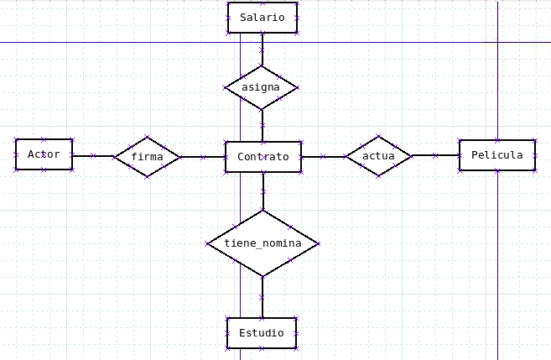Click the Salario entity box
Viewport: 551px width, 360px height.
pyautogui.click(x=262, y=18)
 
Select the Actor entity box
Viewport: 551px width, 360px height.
pyautogui.click(x=44, y=154)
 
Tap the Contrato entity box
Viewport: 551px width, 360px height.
pyautogui.click(x=263, y=157)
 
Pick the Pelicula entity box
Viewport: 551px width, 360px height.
pyautogui.click(x=496, y=155)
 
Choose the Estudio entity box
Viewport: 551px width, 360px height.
pyautogui.click(x=262, y=333)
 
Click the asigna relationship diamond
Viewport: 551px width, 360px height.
pyautogui.click(x=262, y=87)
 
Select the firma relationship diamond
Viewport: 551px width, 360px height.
pyautogui.click(x=147, y=156)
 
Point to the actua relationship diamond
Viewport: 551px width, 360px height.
pyautogui.click(x=378, y=155)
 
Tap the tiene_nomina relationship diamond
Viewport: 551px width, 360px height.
pyautogui.click(x=263, y=243)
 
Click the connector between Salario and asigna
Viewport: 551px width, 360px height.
pyautogui.click(x=262, y=50)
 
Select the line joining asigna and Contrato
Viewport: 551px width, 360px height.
pyautogui.click(x=262, y=125)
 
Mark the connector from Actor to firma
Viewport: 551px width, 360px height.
pyautogui.click(x=92, y=155)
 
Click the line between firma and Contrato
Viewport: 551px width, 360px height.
pyautogui.click(x=202, y=156)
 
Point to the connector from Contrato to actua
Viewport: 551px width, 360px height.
pyautogui.click(x=323, y=156)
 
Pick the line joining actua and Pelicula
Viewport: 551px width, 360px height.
pyautogui.click(x=435, y=155)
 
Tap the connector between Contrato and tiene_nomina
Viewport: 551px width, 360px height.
pyautogui.click(x=263, y=191)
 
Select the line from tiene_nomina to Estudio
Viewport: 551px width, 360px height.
pyautogui.click(x=263, y=297)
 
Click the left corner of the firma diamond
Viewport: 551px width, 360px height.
pyautogui.click(x=114, y=156)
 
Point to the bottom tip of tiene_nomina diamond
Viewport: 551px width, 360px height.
pyautogui.click(x=263, y=276)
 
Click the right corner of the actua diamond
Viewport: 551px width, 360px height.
pyautogui.click(x=412, y=155)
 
